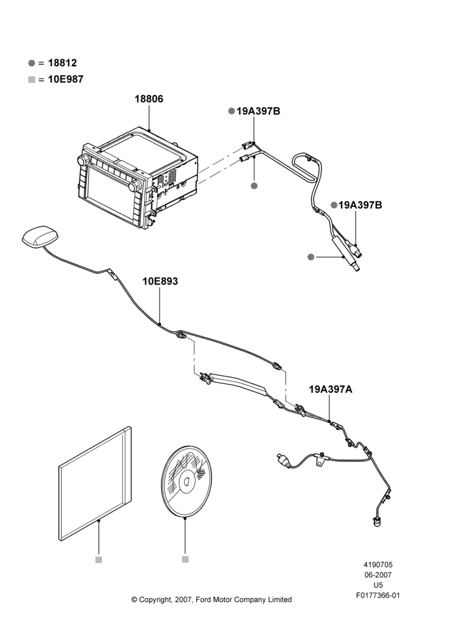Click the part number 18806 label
point(149,99)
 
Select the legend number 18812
point(62,63)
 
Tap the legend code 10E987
point(66,79)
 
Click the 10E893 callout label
point(160,281)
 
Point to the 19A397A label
point(331,390)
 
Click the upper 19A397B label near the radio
point(259,111)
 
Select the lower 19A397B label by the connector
point(361,205)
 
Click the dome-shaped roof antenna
point(40,238)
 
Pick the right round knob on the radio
point(134,187)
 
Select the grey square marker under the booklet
point(98,560)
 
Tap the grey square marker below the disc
point(185,559)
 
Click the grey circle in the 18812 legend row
point(32,63)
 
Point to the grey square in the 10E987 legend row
point(32,80)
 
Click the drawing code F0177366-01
point(378,596)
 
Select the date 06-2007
point(378,575)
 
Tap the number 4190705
point(378,564)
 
